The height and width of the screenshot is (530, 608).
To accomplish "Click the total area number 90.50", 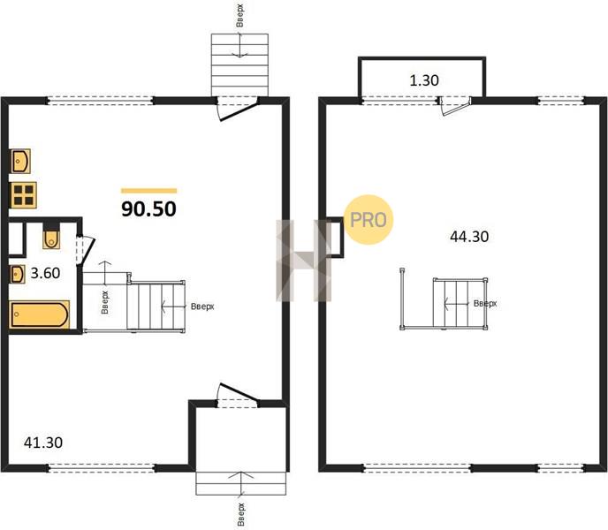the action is (x=148, y=209).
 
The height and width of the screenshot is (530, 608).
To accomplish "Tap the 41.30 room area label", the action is (x=43, y=443).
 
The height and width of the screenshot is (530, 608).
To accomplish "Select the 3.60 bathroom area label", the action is (x=45, y=273).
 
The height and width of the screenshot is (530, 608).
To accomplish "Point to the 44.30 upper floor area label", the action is (x=469, y=236).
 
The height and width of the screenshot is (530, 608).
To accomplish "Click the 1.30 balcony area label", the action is (x=424, y=80).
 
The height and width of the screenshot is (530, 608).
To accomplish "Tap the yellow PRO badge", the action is (x=369, y=219).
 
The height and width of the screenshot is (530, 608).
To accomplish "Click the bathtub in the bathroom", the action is (x=39, y=314).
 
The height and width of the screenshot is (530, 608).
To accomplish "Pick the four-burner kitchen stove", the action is (x=23, y=195).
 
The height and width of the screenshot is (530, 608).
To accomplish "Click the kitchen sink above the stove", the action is (x=20, y=161).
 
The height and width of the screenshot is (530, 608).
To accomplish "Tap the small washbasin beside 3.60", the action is (x=18, y=274).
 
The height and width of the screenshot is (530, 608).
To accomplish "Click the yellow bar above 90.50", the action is (x=148, y=191).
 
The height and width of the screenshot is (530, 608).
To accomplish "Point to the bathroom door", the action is (x=86, y=251).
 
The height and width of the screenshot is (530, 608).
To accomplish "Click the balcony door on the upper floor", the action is (x=454, y=107).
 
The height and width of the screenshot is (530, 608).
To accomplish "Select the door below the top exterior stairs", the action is (x=238, y=110).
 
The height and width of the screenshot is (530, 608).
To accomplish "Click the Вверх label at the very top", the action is (x=240, y=16).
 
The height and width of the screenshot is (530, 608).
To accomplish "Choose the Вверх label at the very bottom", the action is (x=240, y=514).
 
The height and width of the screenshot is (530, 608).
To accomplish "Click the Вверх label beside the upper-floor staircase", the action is (x=485, y=303).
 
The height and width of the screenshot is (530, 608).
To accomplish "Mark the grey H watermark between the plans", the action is (x=304, y=261).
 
